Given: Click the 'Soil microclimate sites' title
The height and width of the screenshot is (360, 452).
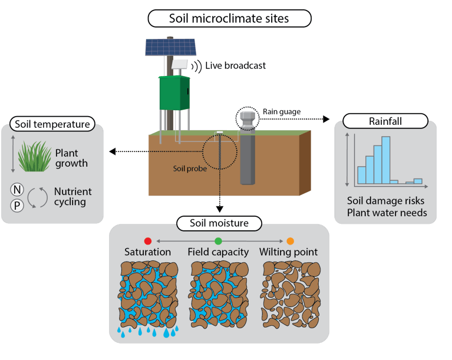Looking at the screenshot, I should coord(229,18).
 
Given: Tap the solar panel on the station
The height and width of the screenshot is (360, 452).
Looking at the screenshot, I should coord(170,48).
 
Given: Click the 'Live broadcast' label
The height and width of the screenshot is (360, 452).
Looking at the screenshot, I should coord(235,65).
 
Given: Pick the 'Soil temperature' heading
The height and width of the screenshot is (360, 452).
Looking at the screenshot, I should coord(52,124).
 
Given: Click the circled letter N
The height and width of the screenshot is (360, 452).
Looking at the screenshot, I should coord(18,190).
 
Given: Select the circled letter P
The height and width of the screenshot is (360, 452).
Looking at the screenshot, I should coord(18,204).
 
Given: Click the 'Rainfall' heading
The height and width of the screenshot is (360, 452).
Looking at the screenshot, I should coord(385,121).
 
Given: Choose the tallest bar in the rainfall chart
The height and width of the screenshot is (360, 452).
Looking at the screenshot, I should coord(386,160).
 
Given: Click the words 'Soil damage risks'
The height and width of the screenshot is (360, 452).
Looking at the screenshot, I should coord(386,201).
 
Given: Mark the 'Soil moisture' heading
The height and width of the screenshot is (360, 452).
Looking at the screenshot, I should coord(219,223).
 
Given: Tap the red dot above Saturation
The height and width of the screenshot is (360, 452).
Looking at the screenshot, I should coord(148,240).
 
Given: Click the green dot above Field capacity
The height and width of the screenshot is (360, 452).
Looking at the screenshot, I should coord(218,240).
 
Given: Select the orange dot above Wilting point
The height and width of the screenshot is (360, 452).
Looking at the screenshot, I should coord(290,240).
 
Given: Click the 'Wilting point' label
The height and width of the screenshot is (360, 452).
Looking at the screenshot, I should coord(289,252).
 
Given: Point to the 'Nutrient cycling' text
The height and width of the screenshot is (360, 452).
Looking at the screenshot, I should coord(73,197).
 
